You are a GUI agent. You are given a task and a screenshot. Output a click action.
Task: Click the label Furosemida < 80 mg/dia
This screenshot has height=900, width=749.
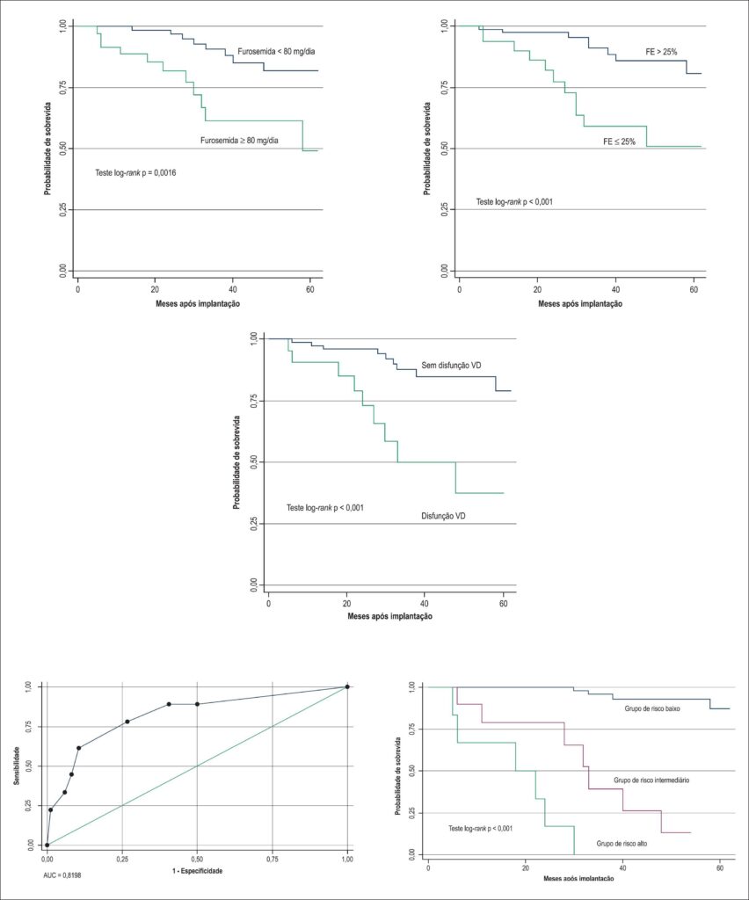[276, 52]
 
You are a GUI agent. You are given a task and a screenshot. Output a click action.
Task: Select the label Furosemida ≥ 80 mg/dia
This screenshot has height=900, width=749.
[239, 140]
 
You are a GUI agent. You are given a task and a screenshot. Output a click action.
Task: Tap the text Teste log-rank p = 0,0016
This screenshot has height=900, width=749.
[135, 172]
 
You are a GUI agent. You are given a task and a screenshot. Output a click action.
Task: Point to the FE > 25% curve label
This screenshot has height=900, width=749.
[661, 52]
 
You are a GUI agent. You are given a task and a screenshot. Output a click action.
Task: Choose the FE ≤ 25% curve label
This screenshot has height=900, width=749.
[619, 142]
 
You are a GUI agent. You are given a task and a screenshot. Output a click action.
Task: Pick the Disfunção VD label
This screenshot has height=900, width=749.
[443, 516]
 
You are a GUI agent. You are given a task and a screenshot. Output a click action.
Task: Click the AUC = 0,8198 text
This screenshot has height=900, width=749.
[66, 875]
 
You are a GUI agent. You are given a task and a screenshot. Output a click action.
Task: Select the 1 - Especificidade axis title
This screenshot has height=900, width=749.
[198, 871]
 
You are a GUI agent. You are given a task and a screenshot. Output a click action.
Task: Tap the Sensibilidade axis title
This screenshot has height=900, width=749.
[18, 766]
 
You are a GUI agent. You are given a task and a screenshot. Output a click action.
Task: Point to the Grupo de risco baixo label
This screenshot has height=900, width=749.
[652, 709]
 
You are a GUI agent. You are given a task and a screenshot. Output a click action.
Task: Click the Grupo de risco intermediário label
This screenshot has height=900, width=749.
[651, 780]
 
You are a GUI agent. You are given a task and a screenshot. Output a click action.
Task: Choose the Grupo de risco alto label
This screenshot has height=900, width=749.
[622, 844]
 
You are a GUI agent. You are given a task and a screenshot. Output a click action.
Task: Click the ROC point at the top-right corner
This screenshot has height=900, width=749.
[347, 686]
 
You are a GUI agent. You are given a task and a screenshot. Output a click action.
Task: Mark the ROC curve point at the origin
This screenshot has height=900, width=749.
[47, 845]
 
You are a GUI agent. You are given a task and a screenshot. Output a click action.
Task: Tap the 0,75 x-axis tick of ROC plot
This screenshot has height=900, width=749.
[272, 860]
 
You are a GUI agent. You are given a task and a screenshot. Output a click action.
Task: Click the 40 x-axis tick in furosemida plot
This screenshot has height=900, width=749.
[232, 289]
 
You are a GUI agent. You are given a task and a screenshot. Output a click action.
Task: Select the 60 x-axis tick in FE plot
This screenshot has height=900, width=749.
[694, 289]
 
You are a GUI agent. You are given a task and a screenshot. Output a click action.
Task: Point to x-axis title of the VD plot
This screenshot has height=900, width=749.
[389, 616]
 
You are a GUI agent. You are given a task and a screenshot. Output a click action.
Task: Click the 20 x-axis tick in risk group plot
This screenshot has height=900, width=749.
[525, 868]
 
